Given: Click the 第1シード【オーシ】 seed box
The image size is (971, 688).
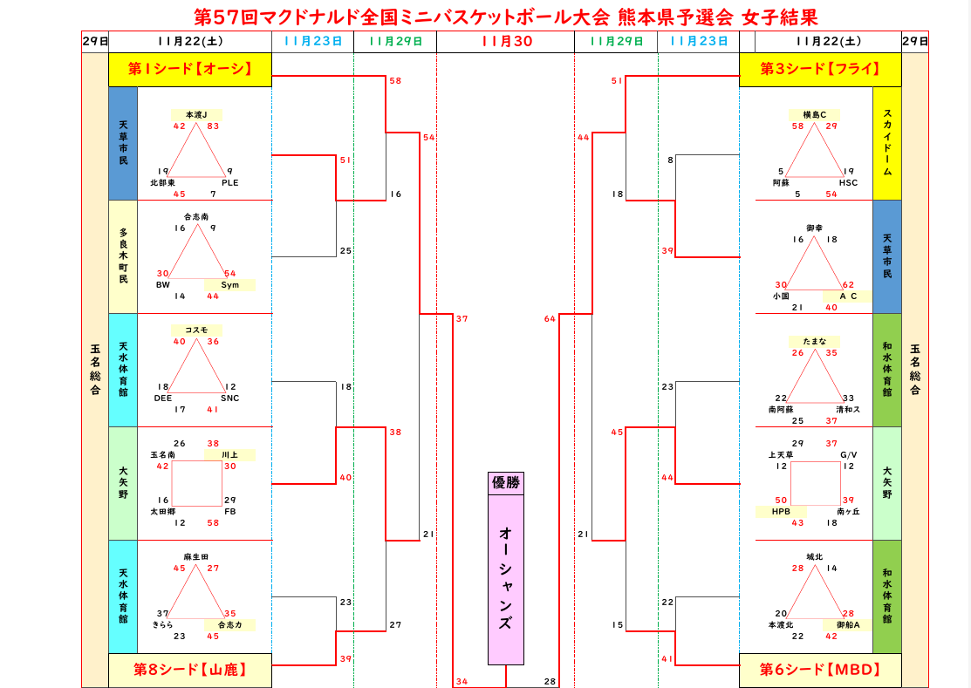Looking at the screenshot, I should click(190, 70).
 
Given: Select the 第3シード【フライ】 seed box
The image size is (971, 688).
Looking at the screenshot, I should click(820, 70).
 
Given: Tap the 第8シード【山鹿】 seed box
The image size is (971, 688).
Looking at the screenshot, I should click(190, 670).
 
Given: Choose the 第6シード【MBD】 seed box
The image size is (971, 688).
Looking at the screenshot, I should click(820, 670).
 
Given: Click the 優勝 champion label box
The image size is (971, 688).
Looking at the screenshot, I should click(506, 483).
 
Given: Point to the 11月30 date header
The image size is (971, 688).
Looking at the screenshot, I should click(505, 41).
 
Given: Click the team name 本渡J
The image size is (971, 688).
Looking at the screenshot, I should click(196, 114).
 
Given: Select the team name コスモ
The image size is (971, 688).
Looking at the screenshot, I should click(196, 330).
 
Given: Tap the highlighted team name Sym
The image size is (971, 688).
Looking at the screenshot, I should click(229, 284).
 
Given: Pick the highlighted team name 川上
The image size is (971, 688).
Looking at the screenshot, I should click(229, 454).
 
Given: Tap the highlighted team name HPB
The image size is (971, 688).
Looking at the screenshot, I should click(781, 511).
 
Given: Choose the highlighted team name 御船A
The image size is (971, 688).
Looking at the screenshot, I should click(848, 624).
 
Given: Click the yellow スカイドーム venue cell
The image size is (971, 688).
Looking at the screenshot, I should click(887, 143).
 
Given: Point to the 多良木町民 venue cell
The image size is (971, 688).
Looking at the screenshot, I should click(123, 256).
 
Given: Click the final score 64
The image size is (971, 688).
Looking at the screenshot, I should click(550, 319).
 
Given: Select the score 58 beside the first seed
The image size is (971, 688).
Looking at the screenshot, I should click(395, 81).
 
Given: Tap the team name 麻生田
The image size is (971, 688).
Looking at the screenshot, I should click(196, 556).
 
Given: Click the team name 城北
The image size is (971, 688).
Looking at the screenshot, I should click(815, 556).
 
